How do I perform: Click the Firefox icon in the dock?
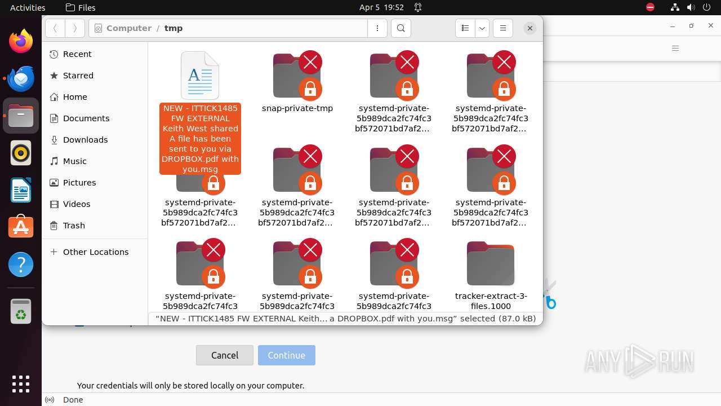tap(21, 41)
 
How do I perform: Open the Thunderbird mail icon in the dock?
tap(21, 78)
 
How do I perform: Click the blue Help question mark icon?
tap(21, 264)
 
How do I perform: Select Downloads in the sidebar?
tap(85, 140)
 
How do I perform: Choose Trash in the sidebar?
tap(74, 226)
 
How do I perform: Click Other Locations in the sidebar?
tap(95, 252)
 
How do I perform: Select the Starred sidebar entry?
tap(78, 76)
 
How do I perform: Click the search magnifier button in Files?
tap(400, 28)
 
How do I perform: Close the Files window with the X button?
tap(529, 28)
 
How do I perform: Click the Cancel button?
tap(224, 355)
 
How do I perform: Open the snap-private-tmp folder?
tap(297, 76)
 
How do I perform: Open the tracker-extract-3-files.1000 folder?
tap(491, 264)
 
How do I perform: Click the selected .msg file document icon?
tap(200, 76)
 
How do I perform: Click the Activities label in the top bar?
tap(28, 7)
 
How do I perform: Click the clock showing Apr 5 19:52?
tap(381, 7)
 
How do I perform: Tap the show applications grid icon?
tap(21, 383)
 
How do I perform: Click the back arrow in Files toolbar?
tap(55, 28)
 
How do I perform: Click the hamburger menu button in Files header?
tap(502, 28)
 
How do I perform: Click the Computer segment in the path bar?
tap(128, 28)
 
